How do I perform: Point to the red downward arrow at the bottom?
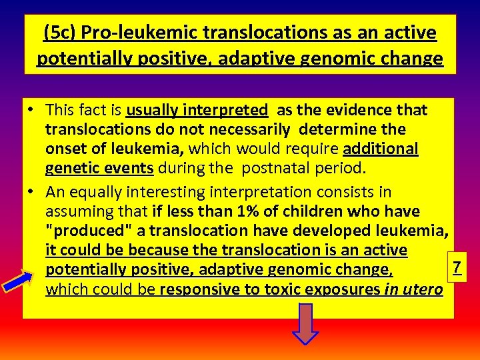click(x=305, y=324)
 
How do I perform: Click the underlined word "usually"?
click(x=152, y=110)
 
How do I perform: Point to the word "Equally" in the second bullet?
click(x=94, y=192)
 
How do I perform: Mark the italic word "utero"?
click(x=423, y=290)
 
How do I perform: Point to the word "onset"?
click(x=66, y=149)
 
